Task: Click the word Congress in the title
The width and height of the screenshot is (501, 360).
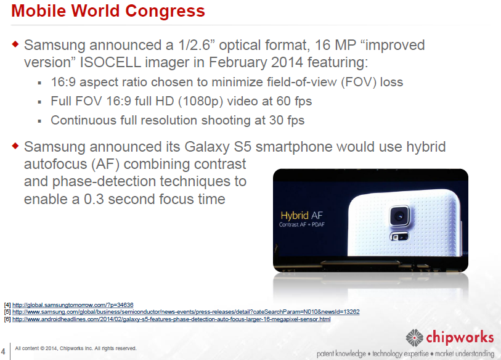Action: [165, 12]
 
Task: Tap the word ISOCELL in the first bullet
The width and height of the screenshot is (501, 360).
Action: [110, 62]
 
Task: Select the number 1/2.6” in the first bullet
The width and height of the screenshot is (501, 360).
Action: [194, 45]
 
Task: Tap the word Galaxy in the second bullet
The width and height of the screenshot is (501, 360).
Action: [207, 147]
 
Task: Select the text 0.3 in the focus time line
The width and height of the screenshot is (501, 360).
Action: [94, 199]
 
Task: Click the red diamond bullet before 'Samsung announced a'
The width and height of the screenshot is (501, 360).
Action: [15, 44]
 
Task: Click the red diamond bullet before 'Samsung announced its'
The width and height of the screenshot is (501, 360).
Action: [15, 146]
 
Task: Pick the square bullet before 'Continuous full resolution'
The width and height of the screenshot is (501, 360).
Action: [39, 121]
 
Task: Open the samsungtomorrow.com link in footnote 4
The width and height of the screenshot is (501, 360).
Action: [73, 305]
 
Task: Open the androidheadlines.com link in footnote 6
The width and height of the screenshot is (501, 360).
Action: [171, 319]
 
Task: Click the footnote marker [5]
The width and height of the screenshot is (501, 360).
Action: [7, 312]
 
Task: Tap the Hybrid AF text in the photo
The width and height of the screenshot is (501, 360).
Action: [301, 215]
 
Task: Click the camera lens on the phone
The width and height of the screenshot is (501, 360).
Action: [399, 216]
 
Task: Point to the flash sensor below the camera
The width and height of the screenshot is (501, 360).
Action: [399, 237]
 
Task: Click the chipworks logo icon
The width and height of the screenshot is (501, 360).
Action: [414, 338]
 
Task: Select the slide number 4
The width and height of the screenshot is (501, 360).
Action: [3, 352]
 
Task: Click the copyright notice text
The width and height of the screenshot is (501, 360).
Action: [76, 348]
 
